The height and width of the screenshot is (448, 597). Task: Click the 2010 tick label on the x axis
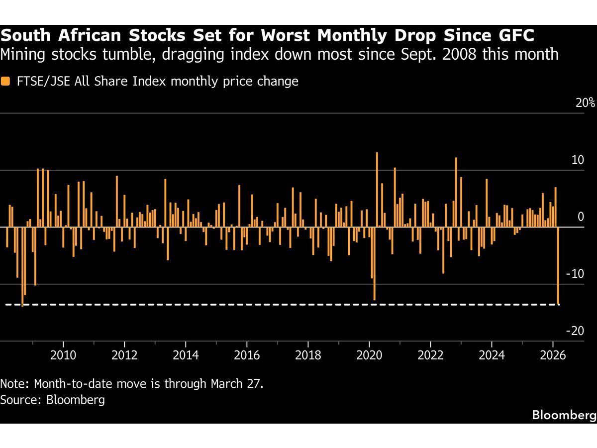point(63,356)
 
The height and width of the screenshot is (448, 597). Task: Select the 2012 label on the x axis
point(124,356)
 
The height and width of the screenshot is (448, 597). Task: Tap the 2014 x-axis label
point(186,356)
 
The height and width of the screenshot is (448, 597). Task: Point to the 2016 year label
point(247,356)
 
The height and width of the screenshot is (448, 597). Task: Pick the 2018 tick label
point(308,356)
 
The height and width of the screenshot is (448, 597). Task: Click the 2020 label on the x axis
point(369,356)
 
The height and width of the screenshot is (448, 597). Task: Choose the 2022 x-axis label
point(430,356)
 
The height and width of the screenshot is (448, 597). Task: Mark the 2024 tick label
point(492,356)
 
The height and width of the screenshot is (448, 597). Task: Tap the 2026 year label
point(553,356)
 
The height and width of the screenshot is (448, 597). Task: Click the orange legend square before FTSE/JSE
point(5,81)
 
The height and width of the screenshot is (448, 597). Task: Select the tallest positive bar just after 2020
point(377,189)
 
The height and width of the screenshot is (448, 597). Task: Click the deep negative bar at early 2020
point(374,264)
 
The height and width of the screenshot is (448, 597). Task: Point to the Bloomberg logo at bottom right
point(563,415)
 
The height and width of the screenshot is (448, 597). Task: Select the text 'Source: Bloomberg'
point(53,400)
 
